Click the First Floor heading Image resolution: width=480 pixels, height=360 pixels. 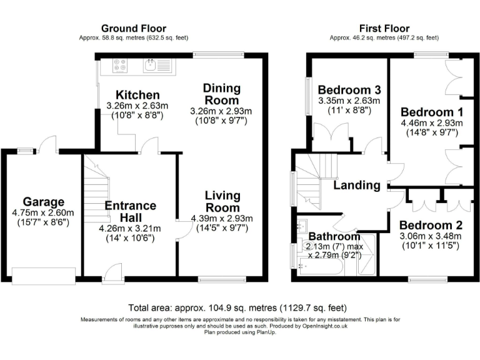pyautogui.click(x=384, y=28)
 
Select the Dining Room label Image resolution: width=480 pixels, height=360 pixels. pyautogui.click(x=221, y=94)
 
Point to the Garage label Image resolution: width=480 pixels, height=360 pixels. pyautogui.click(x=44, y=202)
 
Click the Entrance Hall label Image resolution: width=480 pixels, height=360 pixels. pyautogui.click(x=130, y=212)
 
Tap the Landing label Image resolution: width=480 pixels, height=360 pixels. pyautogui.click(x=356, y=186)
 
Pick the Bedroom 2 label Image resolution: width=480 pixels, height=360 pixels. pyautogui.click(x=431, y=225)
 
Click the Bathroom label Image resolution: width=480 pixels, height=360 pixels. pyautogui.click(x=334, y=237)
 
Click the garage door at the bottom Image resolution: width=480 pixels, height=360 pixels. pyautogui.click(x=43, y=274)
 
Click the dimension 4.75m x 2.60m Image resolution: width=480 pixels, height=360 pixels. pyautogui.click(x=44, y=213)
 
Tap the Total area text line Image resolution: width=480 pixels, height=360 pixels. pyautogui.click(x=237, y=308)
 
